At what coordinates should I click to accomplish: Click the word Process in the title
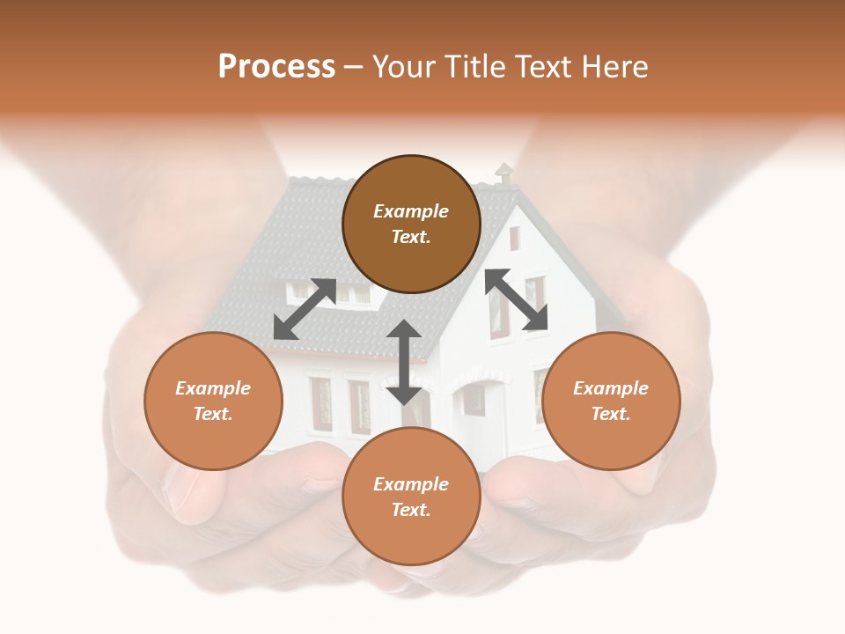[x=276, y=67]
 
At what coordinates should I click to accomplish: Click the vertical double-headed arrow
[x=404, y=362]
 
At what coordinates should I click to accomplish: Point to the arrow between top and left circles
[x=305, y=309]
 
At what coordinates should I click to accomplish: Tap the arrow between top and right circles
[x=517, y=299]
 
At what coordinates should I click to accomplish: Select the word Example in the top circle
[x=411, y=211]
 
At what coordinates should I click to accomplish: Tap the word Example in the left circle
[x=213, y=388]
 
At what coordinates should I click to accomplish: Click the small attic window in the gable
[x=514, y=238]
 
